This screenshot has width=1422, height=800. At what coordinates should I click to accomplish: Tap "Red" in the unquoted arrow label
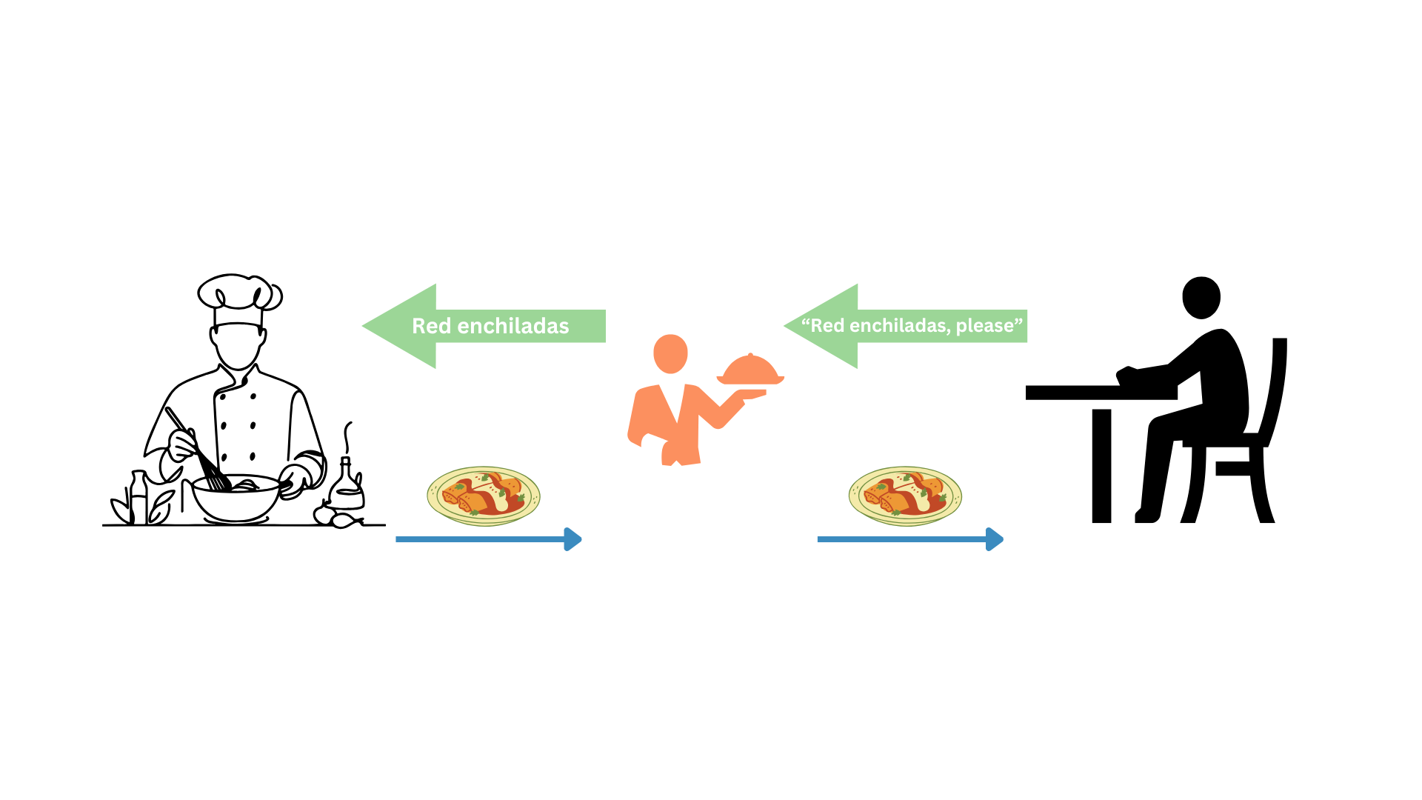pos(431,326)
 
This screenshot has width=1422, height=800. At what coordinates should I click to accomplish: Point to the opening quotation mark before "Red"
pos(806,322)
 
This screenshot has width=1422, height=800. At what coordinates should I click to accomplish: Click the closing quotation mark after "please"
pos(1018,322)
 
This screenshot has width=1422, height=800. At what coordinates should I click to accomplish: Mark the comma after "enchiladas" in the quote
pos(952,331)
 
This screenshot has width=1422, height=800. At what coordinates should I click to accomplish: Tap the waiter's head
pos(670,353)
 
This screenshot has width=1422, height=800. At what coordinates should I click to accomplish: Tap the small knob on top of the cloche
pos(750,355)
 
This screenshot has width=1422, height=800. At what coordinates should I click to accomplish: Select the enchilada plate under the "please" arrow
pos(905,496)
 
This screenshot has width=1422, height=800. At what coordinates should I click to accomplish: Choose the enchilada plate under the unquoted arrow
pos(483,496)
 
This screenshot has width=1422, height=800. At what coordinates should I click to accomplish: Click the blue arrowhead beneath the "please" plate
pos(995,539)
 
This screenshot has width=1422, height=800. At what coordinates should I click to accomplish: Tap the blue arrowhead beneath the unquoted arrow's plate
pos(573,539)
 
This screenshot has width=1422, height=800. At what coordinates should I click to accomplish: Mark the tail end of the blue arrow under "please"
pos(820,540)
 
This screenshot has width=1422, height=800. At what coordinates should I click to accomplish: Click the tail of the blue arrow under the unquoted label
pos(398,540)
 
